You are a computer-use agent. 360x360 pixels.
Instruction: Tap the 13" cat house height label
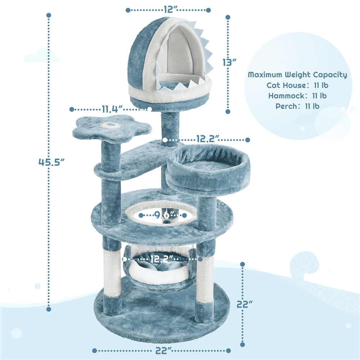click(x=229, y=62)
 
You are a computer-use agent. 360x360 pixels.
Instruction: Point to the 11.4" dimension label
click(x=112, y=109)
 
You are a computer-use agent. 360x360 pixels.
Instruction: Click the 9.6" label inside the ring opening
click(x=163, y=215)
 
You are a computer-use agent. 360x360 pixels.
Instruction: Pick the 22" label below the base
click(x=163, y=351)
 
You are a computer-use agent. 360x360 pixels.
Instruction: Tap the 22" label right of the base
click(x=244, y=304)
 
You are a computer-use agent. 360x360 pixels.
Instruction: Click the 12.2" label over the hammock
click(x=162, y=259)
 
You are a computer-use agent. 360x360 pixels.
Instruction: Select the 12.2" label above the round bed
click(x=208, y=139)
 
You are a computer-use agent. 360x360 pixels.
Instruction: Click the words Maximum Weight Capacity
click(x=297, y=75)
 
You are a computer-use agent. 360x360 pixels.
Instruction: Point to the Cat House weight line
click(x=297, y=85)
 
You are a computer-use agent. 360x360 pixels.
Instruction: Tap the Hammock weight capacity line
click(x=297, y=96)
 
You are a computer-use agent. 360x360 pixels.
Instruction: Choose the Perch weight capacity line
click(x=297, y=106)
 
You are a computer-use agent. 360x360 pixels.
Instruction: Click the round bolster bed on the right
click(x=208, y=170)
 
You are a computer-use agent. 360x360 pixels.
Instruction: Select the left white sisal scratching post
click(x=112, y=273)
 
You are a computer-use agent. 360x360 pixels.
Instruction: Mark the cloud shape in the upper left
click(x=42, y=55)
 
